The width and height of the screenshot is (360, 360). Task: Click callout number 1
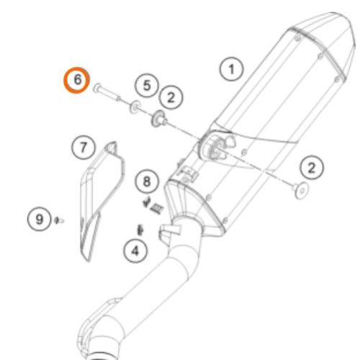231,70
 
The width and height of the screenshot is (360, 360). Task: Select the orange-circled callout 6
77,80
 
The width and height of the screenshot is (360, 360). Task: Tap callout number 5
146,86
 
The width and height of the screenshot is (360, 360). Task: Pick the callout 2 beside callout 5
171,96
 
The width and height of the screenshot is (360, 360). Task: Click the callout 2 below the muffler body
311,168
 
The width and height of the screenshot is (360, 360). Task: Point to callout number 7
83,148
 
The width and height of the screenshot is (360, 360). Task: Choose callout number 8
146,180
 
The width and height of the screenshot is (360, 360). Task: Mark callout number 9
38,216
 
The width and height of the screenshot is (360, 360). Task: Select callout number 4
135,251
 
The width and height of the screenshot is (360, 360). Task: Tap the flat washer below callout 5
135,108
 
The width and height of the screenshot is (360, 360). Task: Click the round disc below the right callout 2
300,190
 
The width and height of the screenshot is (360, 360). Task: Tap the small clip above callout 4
140,229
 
